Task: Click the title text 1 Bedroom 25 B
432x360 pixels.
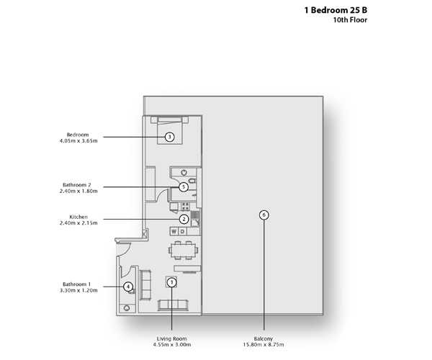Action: click(336, 10)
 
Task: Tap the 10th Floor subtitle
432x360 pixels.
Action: click(350, 20)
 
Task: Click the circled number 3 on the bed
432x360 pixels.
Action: click(170, 137)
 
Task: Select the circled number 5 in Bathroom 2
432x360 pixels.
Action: click(184, 187)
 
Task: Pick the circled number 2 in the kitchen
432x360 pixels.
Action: click(184, 220)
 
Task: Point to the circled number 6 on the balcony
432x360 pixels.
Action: click(264, 215)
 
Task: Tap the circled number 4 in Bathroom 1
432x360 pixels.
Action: click(128, 287)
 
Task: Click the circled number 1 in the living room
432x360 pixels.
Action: click(171, 282)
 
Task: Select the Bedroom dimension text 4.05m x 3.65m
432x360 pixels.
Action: click(78, 140)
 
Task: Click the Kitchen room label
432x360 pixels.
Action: click(78, 217)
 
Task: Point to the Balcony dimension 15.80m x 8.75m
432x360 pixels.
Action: click(264, 345)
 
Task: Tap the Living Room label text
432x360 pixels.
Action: click(171, 338)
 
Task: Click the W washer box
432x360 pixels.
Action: click(174, 231)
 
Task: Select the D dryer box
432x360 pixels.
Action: click(182, 231)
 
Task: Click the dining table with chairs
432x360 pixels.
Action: click(183, 251)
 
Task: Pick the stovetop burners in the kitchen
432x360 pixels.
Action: click(185, 207)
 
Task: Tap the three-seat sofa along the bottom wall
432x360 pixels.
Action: click(173, 305)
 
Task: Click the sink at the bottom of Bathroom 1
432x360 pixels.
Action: click(127, 308)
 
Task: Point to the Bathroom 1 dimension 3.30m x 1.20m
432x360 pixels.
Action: click(78, 290)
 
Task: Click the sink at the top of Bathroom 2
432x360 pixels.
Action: click(184, 173)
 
